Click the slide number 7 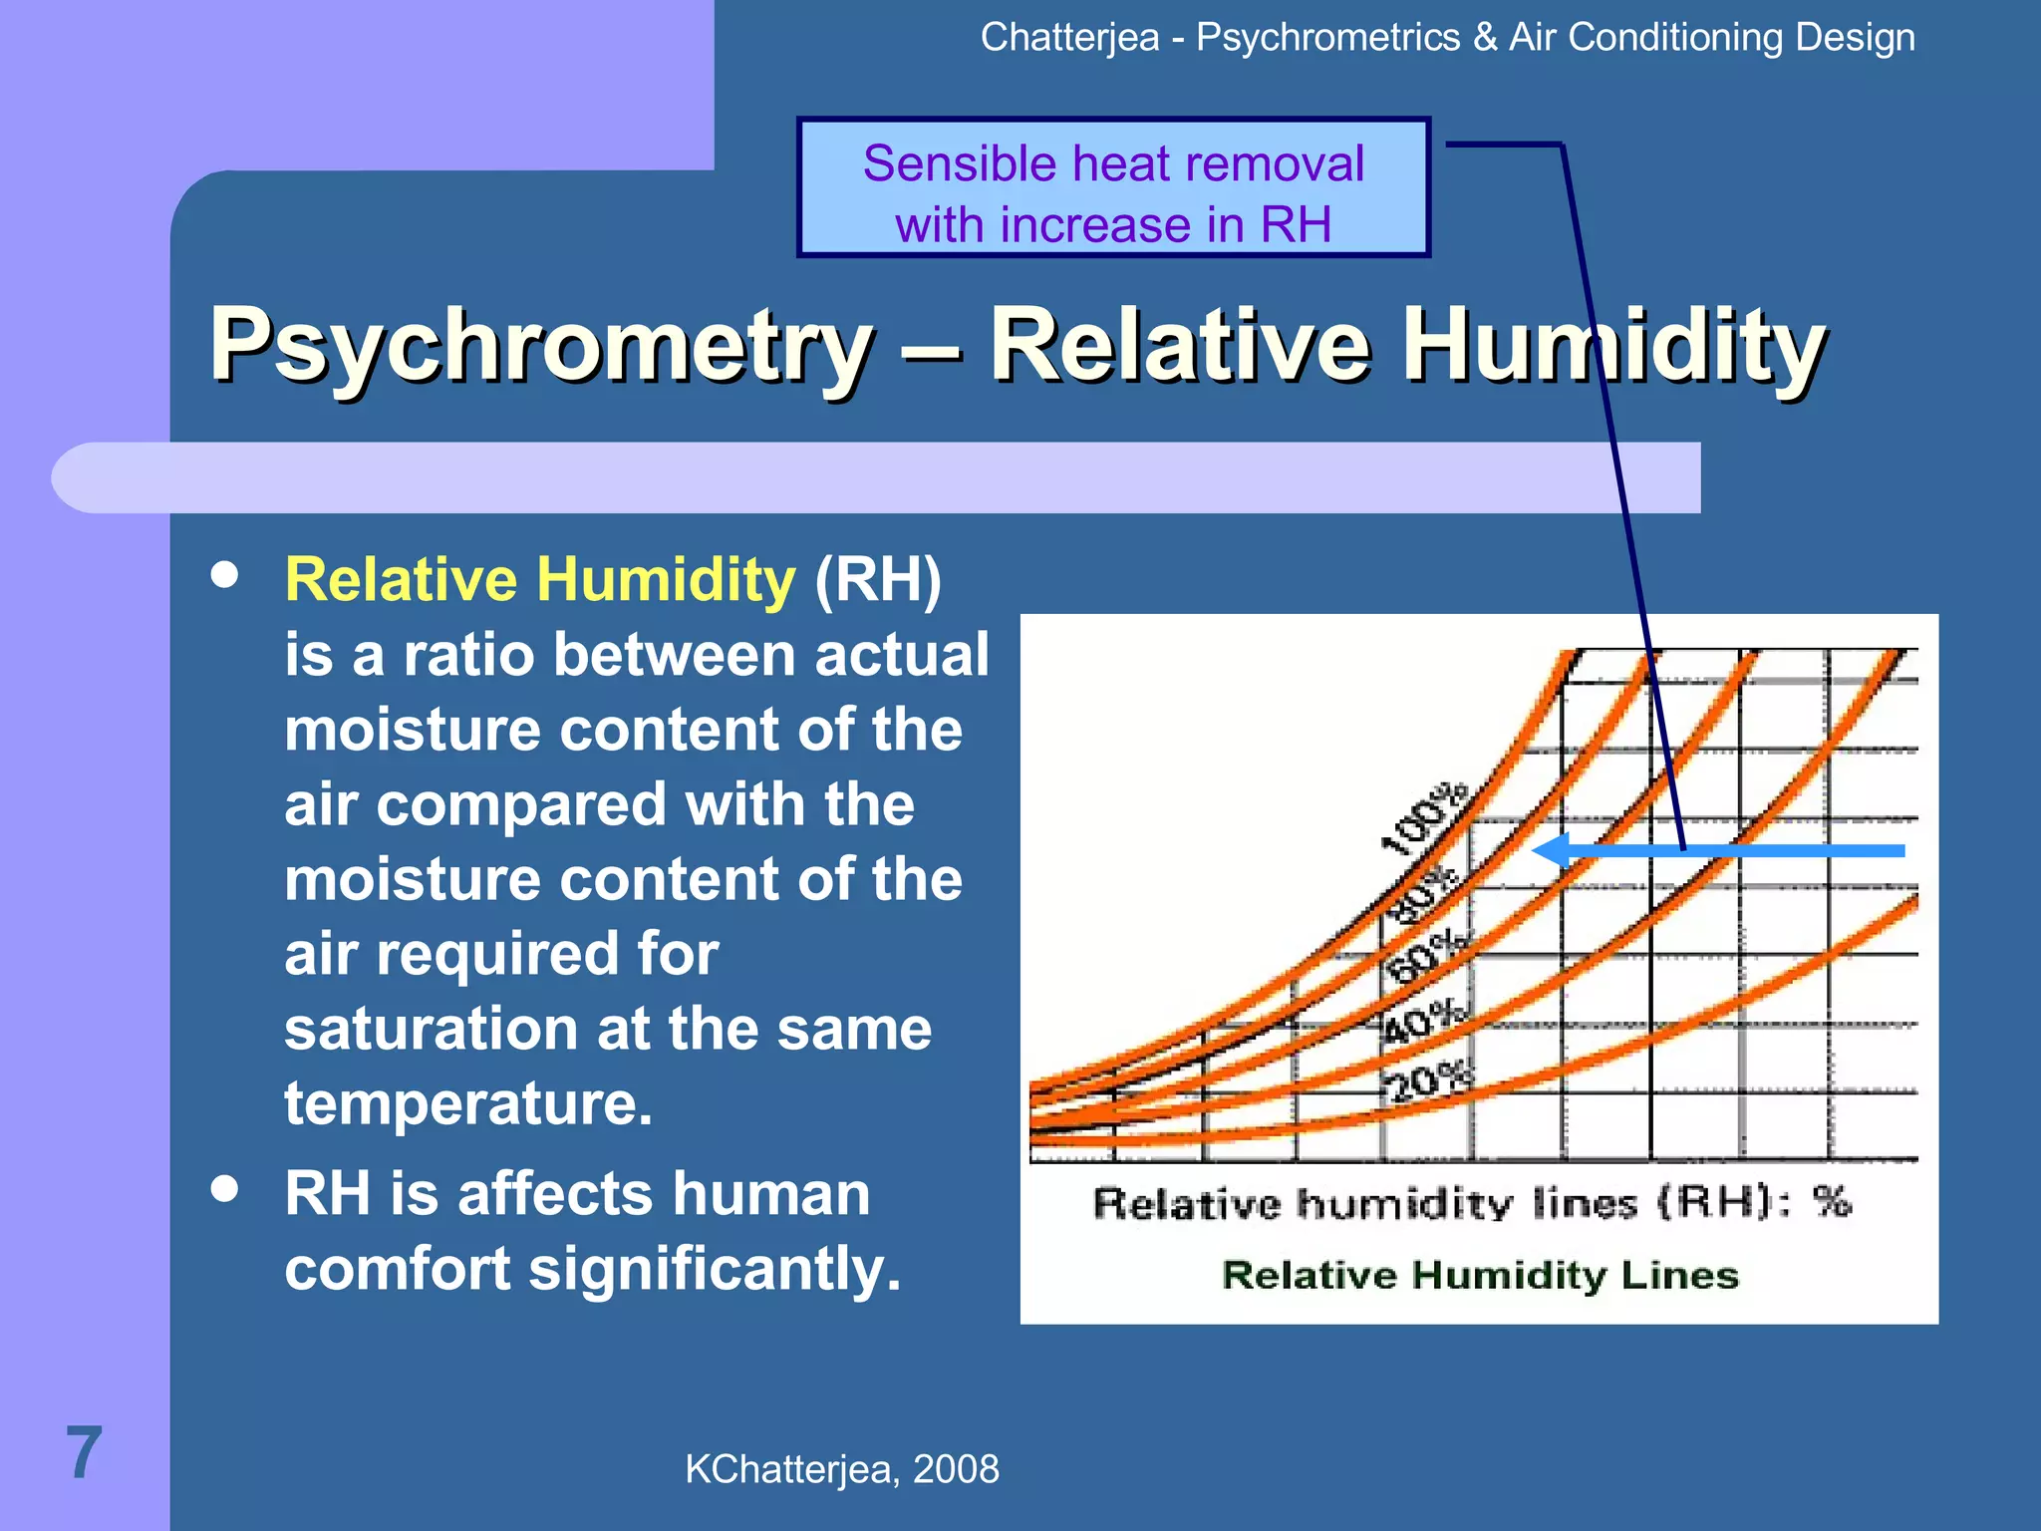coord(84,1452)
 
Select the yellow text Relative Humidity coord(539,580)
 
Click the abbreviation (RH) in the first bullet coord(877,580)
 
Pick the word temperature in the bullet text coord(467,1103)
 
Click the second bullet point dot coord(225,1188)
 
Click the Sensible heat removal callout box coord(1113,187)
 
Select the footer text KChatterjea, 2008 coord(841,1469)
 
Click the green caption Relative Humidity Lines coord(1480,1275)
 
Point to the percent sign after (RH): coord(1831,1201)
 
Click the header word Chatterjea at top coord(1069,38)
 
